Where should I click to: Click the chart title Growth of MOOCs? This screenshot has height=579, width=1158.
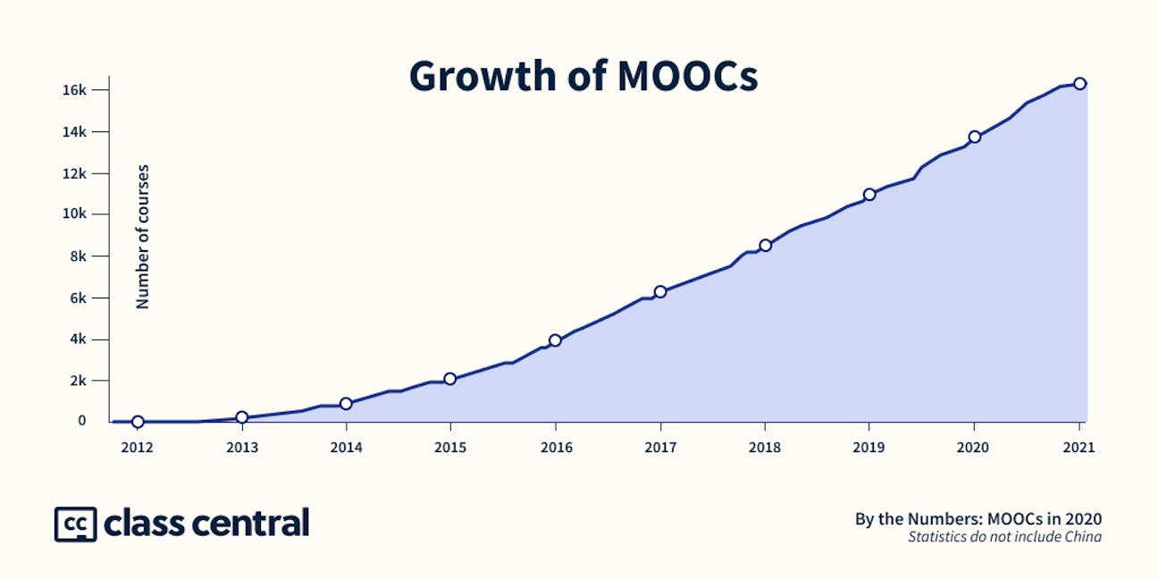point(583,77)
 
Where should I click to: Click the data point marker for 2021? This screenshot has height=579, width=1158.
point(1079,83)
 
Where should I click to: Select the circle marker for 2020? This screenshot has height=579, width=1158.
point(975,137)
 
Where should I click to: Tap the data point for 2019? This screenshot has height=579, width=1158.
point(869,194)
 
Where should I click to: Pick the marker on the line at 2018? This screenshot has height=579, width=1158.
point(765,245)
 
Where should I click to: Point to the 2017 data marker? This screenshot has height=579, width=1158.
point(660,291)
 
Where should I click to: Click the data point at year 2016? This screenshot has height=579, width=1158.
point(555,340)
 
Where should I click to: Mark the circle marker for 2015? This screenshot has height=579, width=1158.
point(449,379)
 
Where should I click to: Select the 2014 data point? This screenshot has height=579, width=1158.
point(346,403)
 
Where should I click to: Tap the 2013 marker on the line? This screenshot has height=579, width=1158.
point(241,417)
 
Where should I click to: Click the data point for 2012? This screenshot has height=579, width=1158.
point(138,422)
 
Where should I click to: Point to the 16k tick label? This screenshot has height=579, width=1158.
point(73,90)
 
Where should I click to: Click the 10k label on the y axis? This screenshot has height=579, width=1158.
point(73,214)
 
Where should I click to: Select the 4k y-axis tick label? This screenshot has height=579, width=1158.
point(77,339)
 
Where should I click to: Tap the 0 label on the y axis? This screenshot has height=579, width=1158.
point(81,421)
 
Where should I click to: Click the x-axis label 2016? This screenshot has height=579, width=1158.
point(555,448)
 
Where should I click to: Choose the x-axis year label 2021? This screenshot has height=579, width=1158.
point(1079,448)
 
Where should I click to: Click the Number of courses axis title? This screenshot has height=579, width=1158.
point(143,237)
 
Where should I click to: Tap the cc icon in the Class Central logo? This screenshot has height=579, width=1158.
point(75,524)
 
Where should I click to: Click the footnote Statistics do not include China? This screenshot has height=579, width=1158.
point(1004,537)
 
